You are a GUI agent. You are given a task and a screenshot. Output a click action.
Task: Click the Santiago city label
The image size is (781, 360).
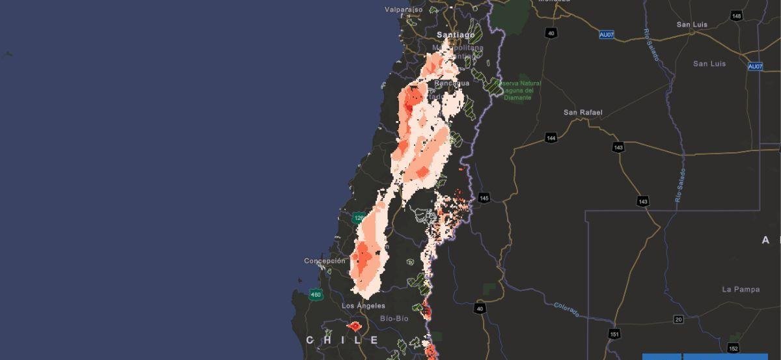[x=456, y=35]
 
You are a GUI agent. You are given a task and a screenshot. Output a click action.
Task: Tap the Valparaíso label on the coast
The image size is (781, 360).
[x=404, y=10]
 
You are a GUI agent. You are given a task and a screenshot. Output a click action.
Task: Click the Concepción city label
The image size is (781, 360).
[x=325, y=261]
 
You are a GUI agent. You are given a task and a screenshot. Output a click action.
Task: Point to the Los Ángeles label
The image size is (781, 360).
[x=363, y=306]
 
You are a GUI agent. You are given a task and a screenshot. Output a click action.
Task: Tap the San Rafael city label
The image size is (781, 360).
[x=582, y=113]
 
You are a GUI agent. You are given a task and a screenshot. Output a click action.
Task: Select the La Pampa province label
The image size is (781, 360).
[x=741, y=289]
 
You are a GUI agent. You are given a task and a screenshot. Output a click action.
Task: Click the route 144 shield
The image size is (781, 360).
[x=551, y=138]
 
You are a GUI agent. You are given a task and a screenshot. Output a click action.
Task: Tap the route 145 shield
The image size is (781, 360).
[x=484, y=197]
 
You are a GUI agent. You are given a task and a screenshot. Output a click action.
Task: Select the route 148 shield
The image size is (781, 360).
[x=736, y=16]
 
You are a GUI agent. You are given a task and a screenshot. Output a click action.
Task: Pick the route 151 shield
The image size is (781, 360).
[x=614, y=335]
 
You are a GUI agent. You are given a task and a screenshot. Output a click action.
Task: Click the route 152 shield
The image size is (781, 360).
[x=733, y=348]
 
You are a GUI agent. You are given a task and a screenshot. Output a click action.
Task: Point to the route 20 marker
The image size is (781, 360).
[x=679, y=319]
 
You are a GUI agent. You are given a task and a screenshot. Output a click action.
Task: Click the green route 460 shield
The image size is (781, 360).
[x=316, y=295]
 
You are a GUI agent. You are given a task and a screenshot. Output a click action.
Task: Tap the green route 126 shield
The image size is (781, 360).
[x=358, y=218]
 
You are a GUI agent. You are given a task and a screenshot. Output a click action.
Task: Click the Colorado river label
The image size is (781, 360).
[x=566, y=309]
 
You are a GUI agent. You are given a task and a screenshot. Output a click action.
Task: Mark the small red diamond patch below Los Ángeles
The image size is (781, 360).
[x=355, y=325]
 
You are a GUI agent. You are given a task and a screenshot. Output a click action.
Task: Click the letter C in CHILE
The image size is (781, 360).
[x=310, y=340]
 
